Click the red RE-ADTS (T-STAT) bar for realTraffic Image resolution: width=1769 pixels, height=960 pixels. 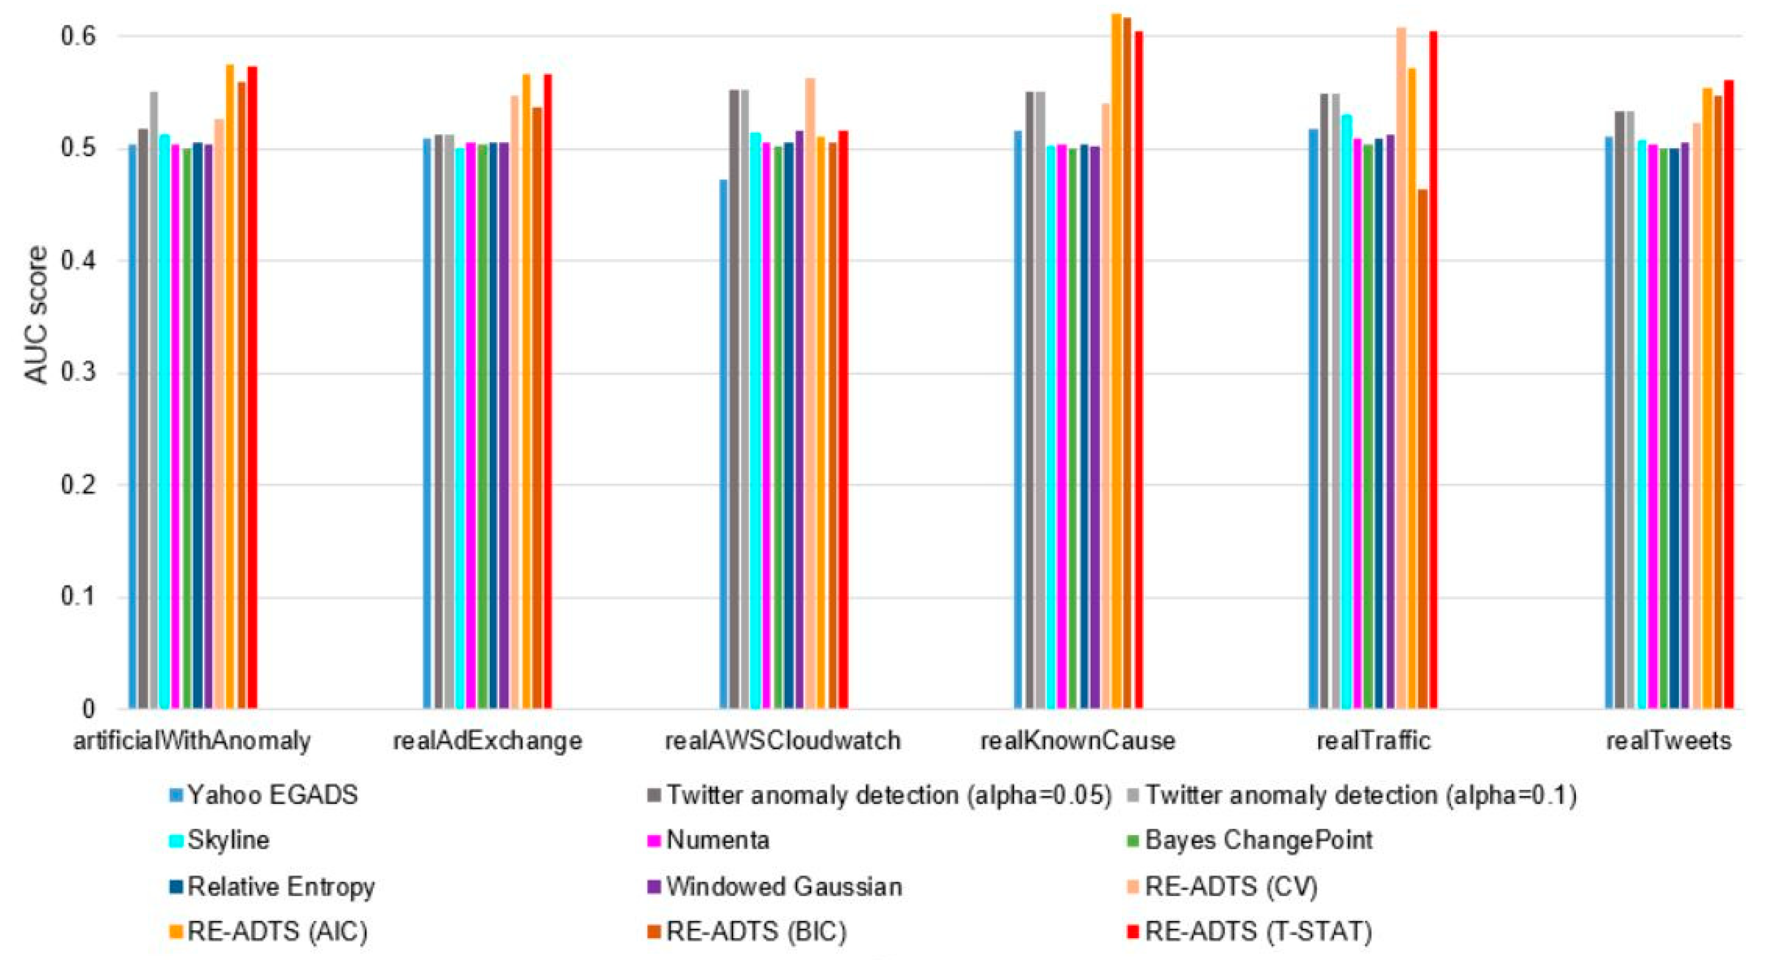(x=1433, y=371)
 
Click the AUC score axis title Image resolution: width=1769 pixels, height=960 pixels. (x=37, y=315)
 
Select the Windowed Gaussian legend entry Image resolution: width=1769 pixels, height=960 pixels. (x=783, y=887)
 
